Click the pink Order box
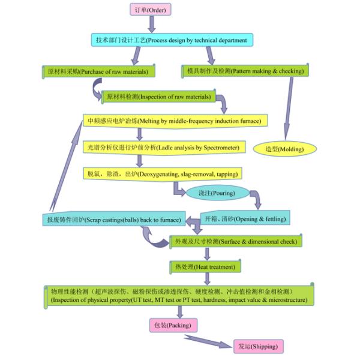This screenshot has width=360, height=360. [151, 10]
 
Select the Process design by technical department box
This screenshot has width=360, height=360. [172, 40]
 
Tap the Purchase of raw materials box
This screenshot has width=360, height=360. [99, 71]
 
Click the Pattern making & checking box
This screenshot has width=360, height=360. [245, 71]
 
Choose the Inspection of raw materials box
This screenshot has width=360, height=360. [158, 97]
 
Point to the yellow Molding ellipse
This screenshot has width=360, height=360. [284, 149]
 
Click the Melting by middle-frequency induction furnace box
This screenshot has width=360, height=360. [175, 121]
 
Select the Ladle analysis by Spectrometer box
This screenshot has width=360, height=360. [164, 148]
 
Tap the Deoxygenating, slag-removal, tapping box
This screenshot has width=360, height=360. [163, 174]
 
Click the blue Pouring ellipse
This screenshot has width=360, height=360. [217, 193]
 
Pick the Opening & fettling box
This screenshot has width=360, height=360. [245, 218]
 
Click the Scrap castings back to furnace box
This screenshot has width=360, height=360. [114, 219]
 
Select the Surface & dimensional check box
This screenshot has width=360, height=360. [236, 241]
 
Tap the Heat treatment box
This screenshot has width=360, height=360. [205, 267]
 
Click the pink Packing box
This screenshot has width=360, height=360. [173, 325]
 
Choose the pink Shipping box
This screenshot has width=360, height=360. [259, 346]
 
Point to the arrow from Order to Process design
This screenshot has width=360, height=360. [152, 24]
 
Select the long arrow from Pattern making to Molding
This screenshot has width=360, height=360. [289, 109]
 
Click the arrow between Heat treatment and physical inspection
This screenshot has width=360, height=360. [207, 279]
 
